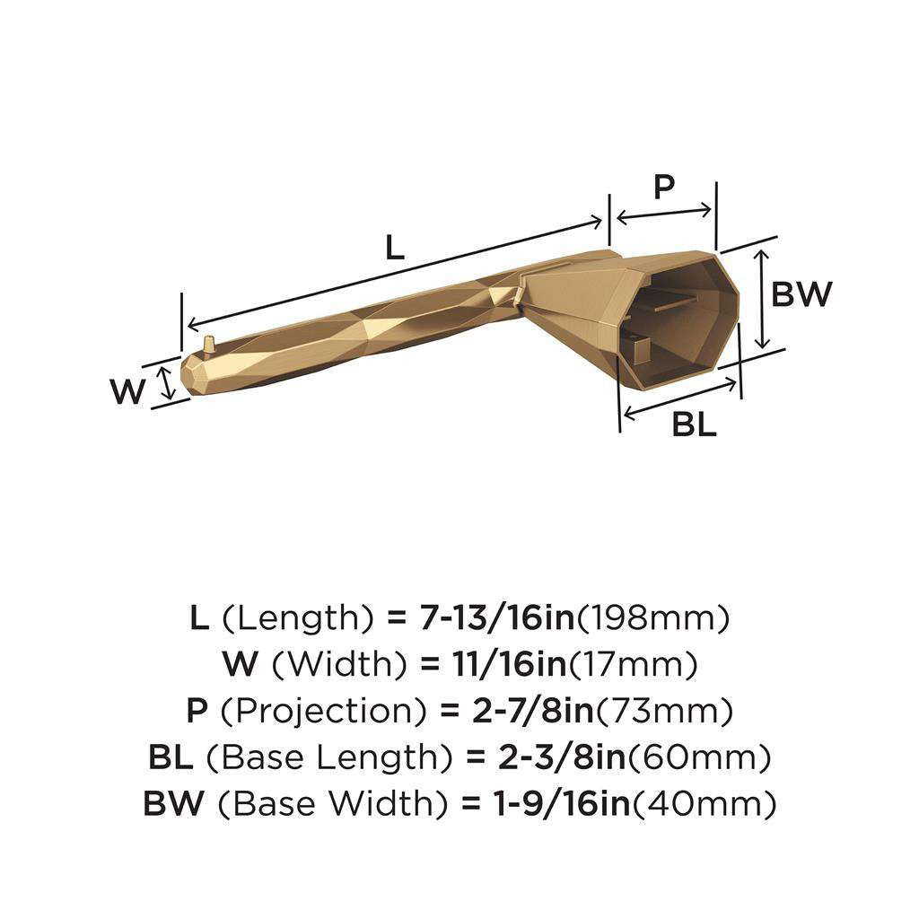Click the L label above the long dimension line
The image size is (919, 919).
395,247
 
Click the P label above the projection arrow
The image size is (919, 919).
663,187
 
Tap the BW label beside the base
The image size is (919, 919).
802,293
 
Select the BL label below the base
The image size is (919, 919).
695,424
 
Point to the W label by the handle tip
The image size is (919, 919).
127,391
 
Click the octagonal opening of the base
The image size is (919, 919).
678,323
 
